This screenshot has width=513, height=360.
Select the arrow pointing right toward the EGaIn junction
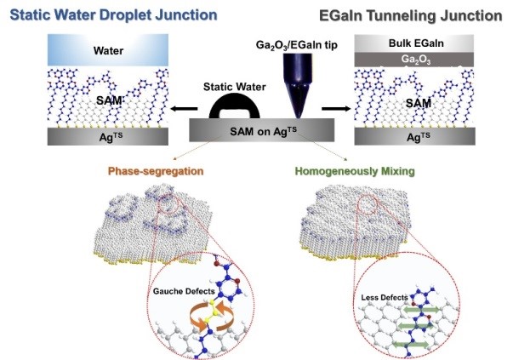click(337, 110)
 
